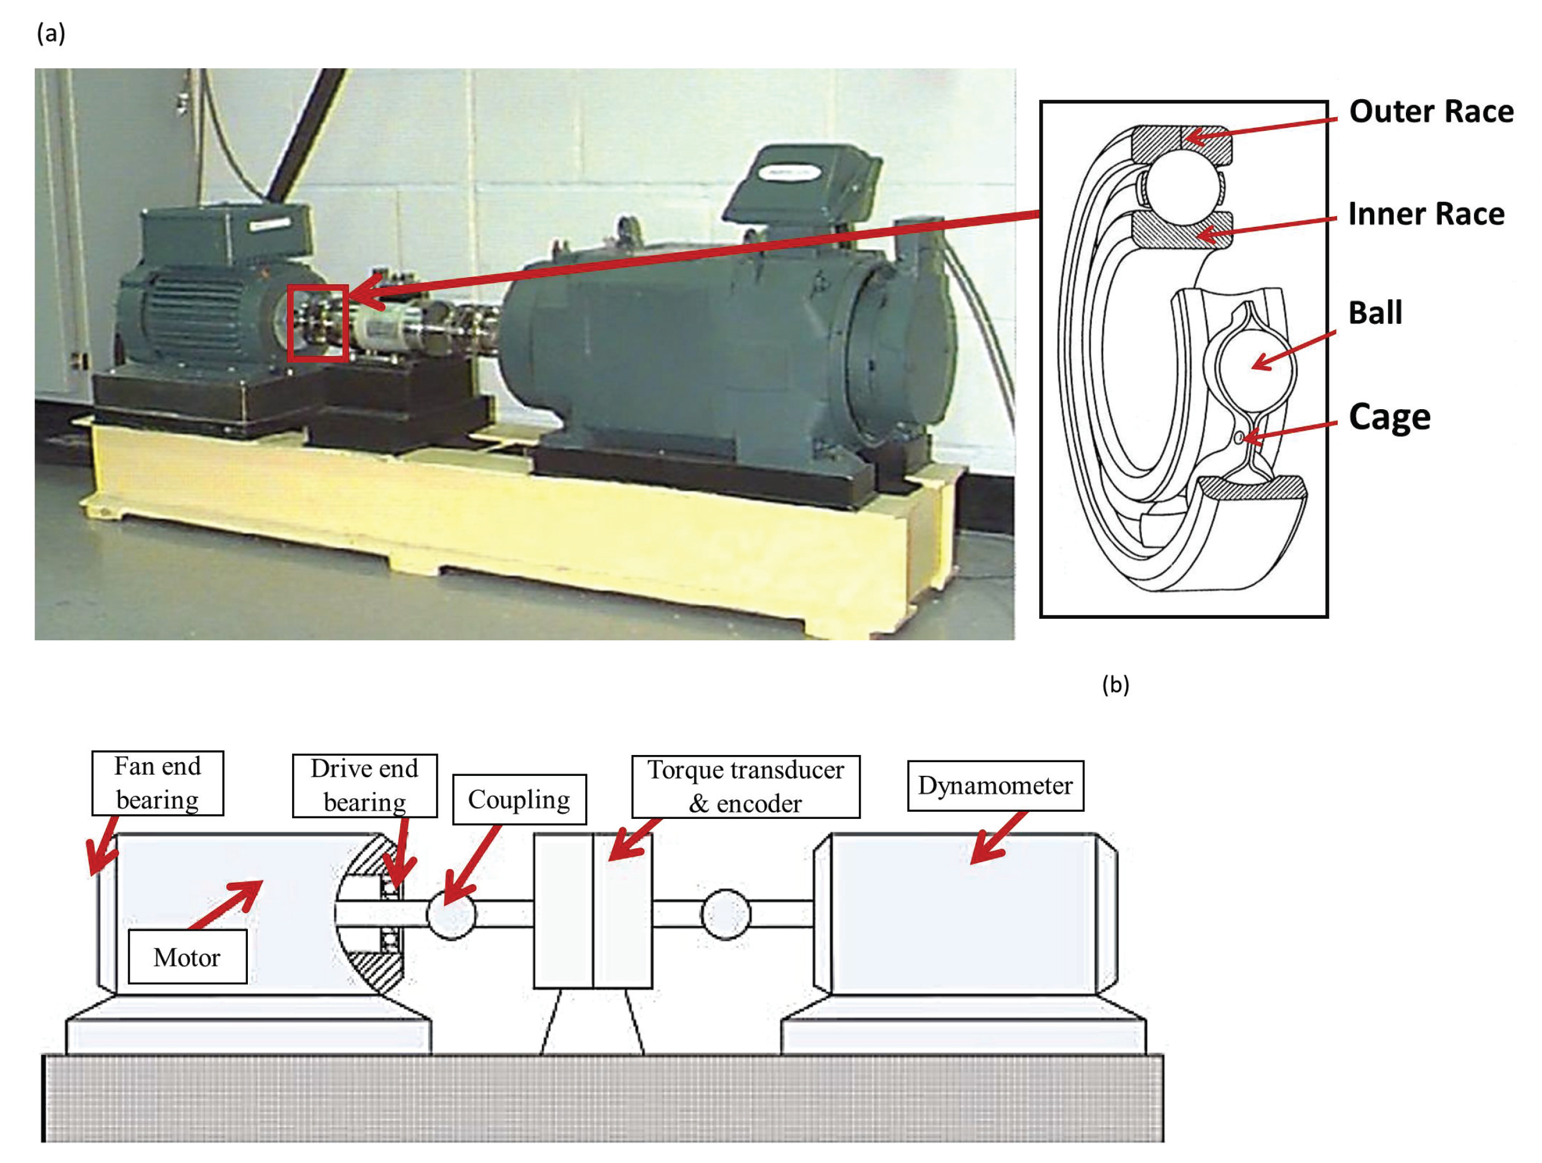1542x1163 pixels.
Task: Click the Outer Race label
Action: (1430, 112)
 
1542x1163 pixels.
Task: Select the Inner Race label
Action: (1426, 214)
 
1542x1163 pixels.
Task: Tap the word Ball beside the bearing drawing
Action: (1375, 312)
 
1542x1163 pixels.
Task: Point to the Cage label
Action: (1389, 418)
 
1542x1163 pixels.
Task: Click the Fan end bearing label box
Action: (158, 783)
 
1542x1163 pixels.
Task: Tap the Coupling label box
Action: (520, 799)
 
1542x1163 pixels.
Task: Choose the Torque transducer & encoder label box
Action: (746, 787)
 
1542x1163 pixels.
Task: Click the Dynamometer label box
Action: (996, 786)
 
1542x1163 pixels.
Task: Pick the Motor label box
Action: (188, 956)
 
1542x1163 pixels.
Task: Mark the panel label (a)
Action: (51, 33)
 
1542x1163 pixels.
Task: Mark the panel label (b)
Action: (1116, 685)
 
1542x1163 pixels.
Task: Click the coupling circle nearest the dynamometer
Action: (726, 914)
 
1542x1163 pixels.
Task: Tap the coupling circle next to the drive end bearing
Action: (451, 914)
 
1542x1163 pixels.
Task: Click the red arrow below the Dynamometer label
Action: (999, 837)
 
